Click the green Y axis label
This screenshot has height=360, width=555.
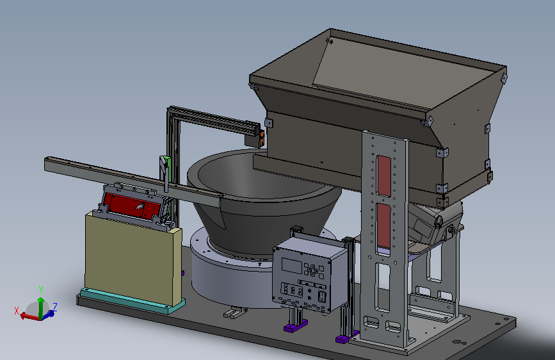click(x=41, y=290)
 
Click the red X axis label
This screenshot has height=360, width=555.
click(x=16, y=311)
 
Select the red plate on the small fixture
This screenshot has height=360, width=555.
click(x=132, y=206)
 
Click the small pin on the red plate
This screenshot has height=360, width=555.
click(x=140, y=206)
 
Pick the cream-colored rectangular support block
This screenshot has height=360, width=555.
click(x=133, y=258)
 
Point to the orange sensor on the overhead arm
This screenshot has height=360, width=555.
click(x=262, y=138)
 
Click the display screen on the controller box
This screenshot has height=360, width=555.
click(x=292, y=266)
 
